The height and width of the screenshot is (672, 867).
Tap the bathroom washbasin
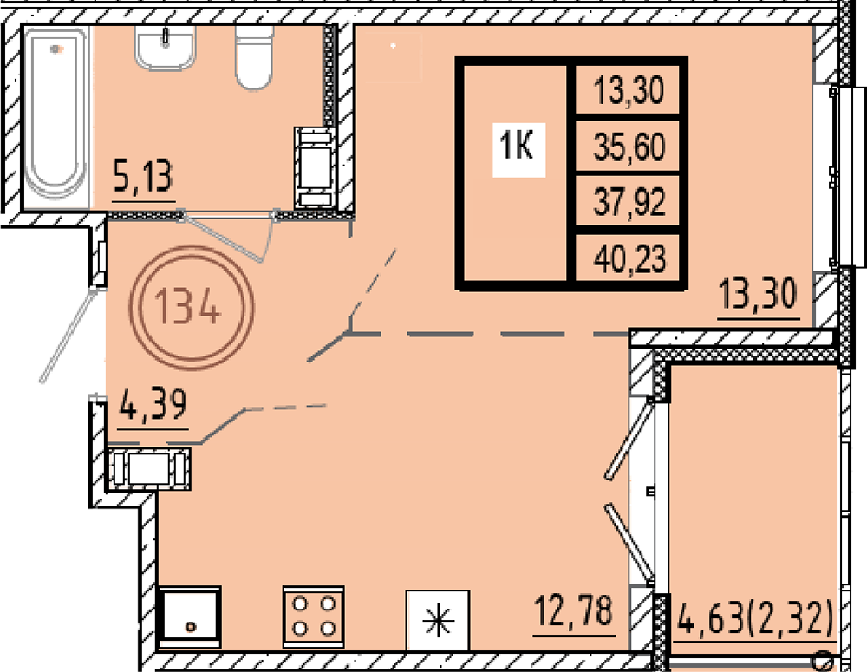[x=166, y=49]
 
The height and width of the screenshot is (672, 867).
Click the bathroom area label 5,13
[x=143, y=175]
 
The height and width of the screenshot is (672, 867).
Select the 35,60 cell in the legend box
[x=629, y=147]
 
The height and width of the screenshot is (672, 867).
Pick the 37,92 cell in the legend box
[x=629, y=200]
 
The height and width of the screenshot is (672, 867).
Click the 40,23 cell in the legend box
[x=629, y=258]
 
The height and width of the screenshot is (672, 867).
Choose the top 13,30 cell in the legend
[x=629, y=89]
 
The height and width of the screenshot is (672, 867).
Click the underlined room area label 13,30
[x=758, y=294]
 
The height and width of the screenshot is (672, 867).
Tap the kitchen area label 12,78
[x=574, y=611]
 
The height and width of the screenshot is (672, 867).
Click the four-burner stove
[x=314, y=616]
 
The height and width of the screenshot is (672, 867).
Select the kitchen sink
[x=190, y=617]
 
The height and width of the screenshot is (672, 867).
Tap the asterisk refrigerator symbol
[x=438, y=620]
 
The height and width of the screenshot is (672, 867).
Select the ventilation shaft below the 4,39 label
[x=149, y=469]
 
